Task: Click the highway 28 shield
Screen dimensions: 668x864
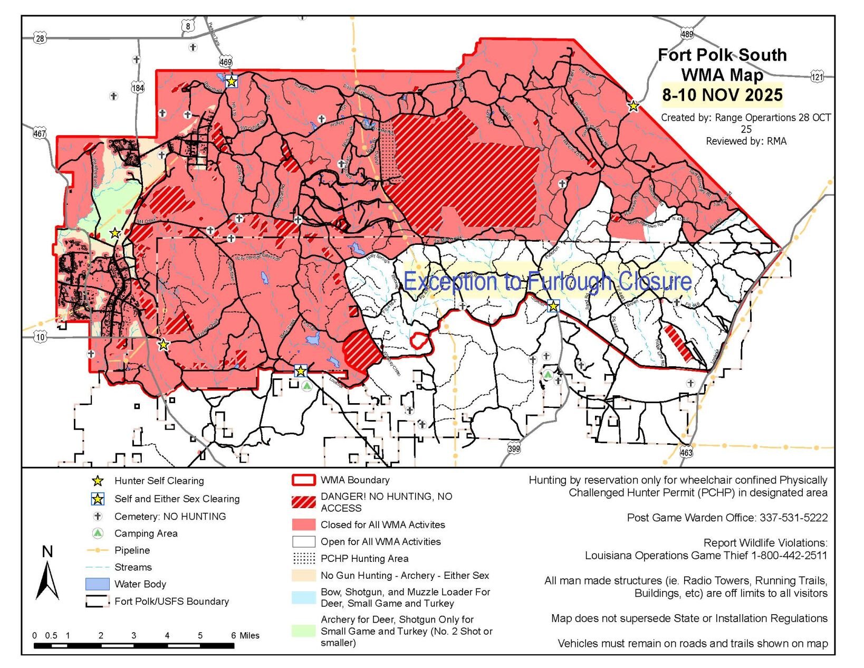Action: click(x=40, y=38)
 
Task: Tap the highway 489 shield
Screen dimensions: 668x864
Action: click(x=686, y=34)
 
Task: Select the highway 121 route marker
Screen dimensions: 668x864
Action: click(x=817, y=77)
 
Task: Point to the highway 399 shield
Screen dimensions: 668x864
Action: click(x=514, y=448)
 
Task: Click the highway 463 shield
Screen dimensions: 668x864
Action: click(x=686, y=452)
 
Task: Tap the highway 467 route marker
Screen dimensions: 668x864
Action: click(x=40, y=133)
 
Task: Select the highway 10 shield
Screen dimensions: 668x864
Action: click(x=41, y=337)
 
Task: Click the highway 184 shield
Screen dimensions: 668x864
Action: click(x=138, y=88)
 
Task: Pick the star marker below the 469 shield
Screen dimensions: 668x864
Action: click(x=231, y=81)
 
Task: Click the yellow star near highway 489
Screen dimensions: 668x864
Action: click(x=633, y=106)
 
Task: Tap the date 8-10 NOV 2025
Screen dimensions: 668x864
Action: click(x=722, y=95)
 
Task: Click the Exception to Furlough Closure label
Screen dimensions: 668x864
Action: click(x=547, y=281)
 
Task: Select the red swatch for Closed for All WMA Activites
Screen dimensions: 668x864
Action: click(x=303, y=524)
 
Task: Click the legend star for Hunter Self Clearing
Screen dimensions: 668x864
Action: click(x=97, y=481)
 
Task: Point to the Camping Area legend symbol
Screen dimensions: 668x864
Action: click(x=97, y=533)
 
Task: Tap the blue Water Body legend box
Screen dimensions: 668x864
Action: click(x=97, y=584)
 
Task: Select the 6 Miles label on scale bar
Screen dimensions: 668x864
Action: click(x=245, y=635)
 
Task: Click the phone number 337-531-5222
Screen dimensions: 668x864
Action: click(x=793, y=518)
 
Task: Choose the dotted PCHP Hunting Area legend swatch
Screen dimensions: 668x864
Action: click(x=303, y=558)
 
